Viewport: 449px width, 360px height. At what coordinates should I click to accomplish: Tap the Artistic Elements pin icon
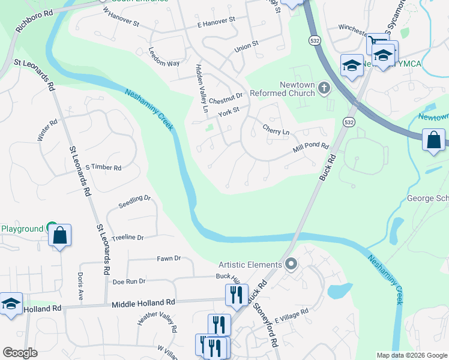point(291,264)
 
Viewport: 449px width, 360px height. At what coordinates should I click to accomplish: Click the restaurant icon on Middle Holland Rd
point(237,295)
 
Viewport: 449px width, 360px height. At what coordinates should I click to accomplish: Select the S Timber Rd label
point(103,167)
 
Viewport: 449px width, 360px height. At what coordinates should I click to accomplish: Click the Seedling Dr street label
point(134,199)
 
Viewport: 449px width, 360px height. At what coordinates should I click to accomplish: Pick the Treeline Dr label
point(128,238)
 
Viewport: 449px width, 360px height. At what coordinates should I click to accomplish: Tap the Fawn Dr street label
point(169,259)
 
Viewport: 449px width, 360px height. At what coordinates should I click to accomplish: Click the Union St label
point(246,44)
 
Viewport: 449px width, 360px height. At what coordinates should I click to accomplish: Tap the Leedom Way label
point(164,57)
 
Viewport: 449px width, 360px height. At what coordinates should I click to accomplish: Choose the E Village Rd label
point(291,313)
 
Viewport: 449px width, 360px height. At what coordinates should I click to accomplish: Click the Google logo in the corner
point(20,353)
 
